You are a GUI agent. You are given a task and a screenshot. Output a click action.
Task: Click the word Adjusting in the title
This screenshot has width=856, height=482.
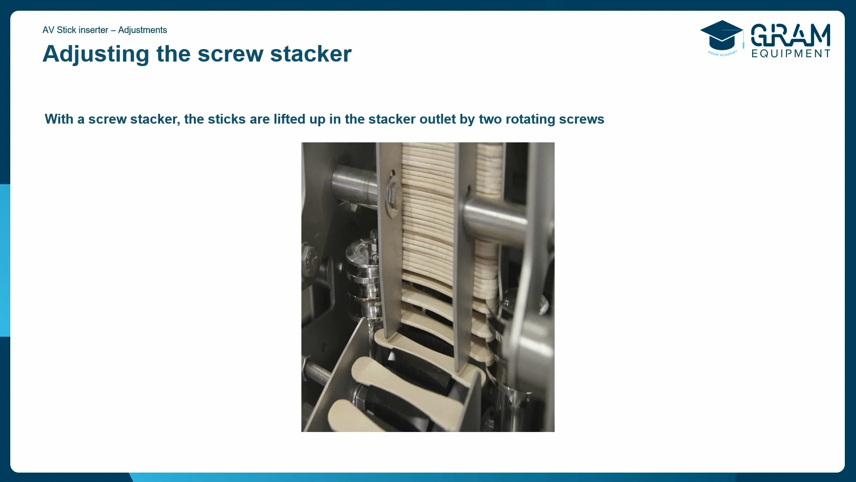[x=95, y=54]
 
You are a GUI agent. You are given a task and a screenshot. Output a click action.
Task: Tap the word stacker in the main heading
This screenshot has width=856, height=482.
[x=311, y=54]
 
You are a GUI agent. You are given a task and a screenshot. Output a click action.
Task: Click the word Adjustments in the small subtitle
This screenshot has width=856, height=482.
[x=142, y=30]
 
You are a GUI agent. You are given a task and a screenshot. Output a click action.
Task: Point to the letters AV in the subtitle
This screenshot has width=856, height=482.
[x=48, y=30]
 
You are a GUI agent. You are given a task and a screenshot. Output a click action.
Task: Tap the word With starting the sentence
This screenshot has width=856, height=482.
[x=59, y=119]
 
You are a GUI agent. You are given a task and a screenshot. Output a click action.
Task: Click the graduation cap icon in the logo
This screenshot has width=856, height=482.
[x=721, y=36]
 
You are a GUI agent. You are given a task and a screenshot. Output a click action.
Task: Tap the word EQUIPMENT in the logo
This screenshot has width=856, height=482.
[x=790, y=54]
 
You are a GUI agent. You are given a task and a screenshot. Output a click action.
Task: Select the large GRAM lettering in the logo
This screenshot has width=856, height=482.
[x=790, y=35]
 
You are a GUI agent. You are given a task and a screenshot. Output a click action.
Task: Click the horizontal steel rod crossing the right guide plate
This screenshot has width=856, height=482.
[x=495, y=219]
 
